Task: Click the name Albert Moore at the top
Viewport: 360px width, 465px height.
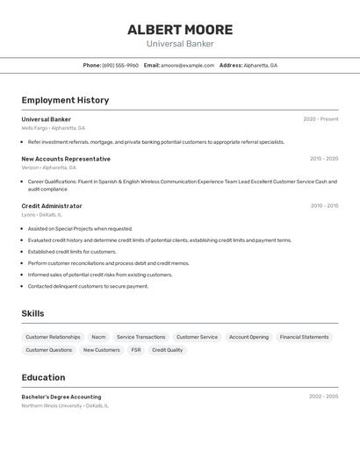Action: [180, 30]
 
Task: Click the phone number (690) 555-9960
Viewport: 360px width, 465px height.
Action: [120, 65]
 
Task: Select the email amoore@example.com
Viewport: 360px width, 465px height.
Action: [187, 65]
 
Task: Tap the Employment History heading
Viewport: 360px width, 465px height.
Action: [65, 100]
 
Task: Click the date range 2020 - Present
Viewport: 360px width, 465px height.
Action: [320, 119]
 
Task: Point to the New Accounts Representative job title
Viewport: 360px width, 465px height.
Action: [66, 159]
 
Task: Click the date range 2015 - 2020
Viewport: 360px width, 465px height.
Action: [324, 159]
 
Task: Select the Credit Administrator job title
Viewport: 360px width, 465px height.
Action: [52, 206]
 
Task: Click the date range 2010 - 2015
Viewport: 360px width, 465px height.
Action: [324, 206]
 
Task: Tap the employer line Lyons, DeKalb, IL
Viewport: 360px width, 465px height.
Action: [41, 215]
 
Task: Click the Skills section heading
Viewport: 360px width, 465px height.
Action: [32, 313]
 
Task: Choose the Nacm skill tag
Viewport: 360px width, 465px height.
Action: [98, 337]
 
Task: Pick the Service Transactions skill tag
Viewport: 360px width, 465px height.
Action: [140, 337]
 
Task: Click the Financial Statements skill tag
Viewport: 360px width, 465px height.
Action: [304, 337]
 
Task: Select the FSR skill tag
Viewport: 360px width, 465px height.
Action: [136, 350]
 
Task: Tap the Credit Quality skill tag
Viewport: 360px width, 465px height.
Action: [167, 350]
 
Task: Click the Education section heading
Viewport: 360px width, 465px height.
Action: [43, 377]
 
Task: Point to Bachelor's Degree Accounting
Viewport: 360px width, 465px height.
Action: [61, 397]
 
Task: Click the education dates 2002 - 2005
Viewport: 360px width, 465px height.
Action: [323, 397]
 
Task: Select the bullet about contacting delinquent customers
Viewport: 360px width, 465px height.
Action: [88, 286]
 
